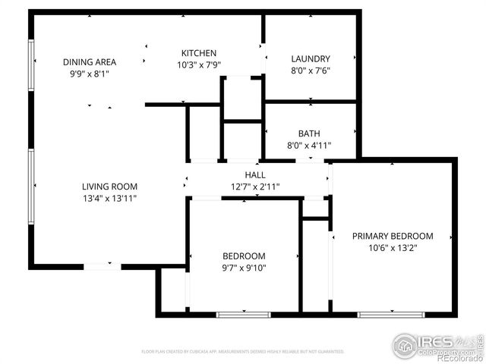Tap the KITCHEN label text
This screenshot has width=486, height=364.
tap(199, 53)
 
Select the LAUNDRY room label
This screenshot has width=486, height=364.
tap(310, 58)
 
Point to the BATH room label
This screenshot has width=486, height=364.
tap(309, 133)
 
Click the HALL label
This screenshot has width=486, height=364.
tap(254, 175)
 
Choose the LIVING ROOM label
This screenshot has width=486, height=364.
tap(109, 186)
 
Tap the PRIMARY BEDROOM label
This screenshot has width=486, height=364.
tap(392, 236)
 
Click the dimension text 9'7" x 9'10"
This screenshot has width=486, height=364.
tap(244, 267)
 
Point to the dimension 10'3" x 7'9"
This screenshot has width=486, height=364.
tap(199, 65)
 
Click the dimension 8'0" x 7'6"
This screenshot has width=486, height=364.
tap(310, 71)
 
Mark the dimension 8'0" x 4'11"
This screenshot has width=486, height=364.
tap(309, 146)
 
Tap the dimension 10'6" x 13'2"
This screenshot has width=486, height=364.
tap(392, 247)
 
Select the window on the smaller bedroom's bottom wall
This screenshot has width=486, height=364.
tap(243, 314)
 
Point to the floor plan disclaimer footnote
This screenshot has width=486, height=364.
tap(242, 352)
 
